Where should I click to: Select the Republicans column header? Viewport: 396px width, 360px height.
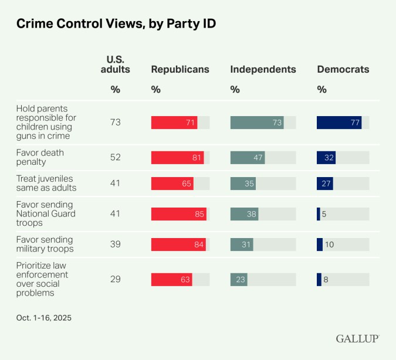180,69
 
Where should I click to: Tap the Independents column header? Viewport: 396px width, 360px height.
263,69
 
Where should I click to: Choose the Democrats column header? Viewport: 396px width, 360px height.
343,69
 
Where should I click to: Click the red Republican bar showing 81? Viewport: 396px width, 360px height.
177,158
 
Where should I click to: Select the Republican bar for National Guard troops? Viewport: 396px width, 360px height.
179,214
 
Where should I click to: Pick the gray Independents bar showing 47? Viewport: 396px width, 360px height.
248,158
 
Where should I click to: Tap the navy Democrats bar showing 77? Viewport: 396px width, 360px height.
339,123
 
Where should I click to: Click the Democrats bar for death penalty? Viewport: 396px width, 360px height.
325,158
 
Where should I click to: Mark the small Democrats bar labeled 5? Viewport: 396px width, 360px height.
319,214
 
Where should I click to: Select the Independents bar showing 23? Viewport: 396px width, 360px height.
239,280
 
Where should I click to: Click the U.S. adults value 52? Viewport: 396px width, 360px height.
116,158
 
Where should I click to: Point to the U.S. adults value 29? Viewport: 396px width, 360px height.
116,280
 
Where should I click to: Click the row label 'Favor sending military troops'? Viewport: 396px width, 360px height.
45,244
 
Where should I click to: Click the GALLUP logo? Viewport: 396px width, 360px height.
357,339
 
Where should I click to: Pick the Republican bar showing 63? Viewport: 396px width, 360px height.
172,280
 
